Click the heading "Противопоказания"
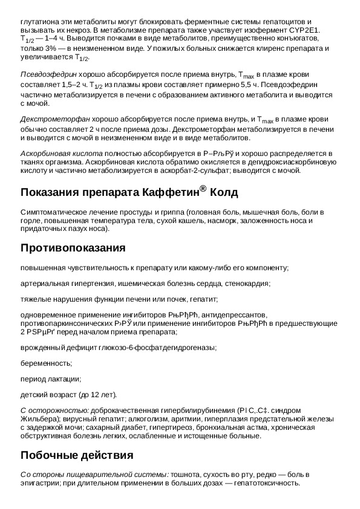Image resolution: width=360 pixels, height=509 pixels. (x=73, y=248)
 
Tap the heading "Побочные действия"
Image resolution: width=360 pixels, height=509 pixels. (x=77, y=455)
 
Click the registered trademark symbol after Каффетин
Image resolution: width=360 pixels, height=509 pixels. (x=203, y=189)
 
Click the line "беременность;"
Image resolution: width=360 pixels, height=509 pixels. (x=46, y=363)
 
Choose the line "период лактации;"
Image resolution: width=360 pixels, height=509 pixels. (x=51, y=378)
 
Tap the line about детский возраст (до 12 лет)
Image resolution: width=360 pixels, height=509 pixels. (x=68, y=395)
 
